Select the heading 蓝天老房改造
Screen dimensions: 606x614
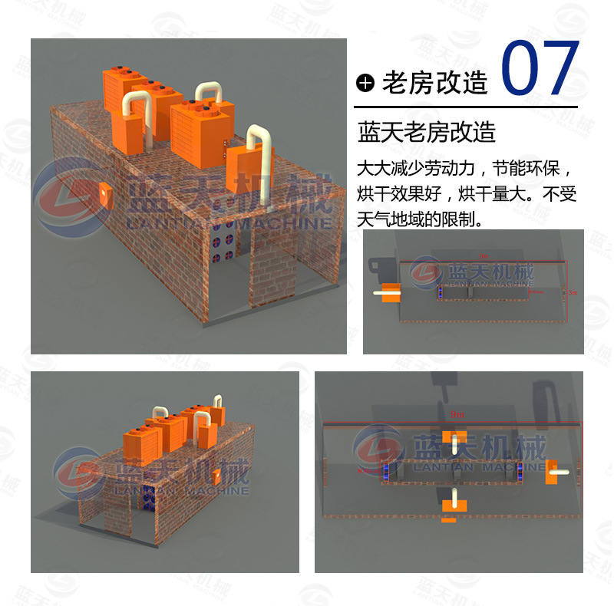click(427, 132)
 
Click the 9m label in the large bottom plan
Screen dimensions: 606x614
click(457, 414)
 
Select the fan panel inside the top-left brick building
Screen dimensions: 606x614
click(226, 246)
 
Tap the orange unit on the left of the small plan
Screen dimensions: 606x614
click(390, 292)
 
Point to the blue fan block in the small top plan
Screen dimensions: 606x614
click(440, 292)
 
